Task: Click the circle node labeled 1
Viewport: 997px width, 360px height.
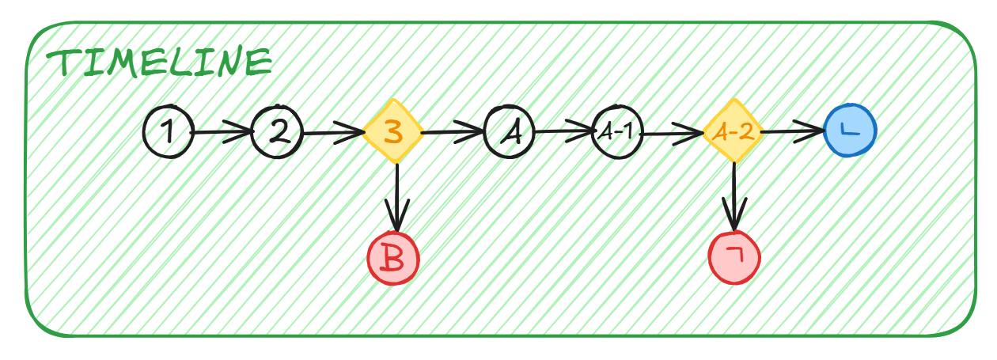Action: (168, 131)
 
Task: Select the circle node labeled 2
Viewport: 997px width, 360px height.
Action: (277, 132)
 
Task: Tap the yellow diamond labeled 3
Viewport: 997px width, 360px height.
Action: (392, 132)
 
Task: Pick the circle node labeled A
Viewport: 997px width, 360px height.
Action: (509, 132)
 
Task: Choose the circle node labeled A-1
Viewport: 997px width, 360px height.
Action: (617, 132)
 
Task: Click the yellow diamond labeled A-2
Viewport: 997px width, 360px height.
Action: (733, 132)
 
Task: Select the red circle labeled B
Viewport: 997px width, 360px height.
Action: (392, 259)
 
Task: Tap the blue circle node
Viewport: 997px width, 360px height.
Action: (850, 131)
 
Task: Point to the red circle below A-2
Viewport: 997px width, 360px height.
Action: (734, 257)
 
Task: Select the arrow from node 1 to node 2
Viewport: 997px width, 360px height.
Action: (222, 132)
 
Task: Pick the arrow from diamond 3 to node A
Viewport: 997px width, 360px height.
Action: (451, 132)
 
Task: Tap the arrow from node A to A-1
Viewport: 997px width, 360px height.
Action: (563, 131)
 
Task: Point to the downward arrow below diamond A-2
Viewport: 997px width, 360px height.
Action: (735, 198)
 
